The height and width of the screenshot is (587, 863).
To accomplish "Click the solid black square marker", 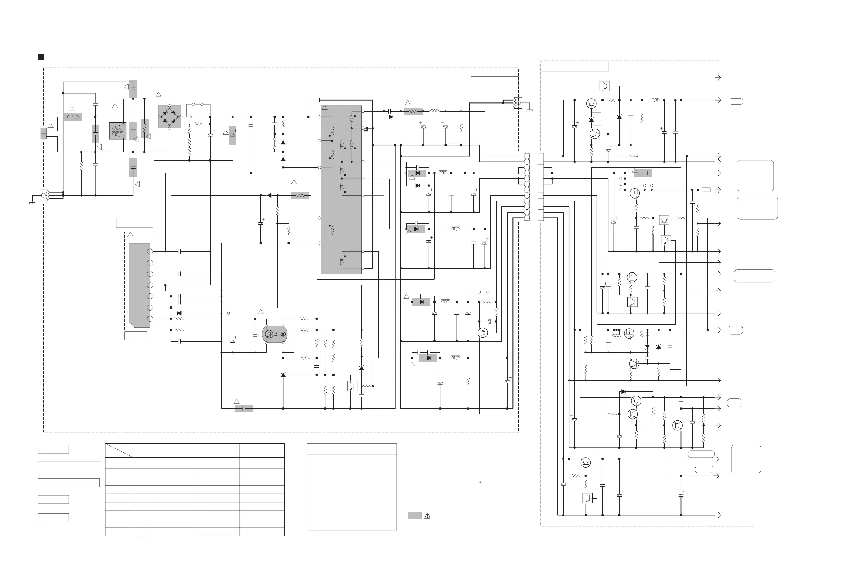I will pyautogui.click(x=41, y=57).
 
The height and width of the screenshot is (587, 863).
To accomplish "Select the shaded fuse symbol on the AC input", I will pyautogui.click(x=72, y=117).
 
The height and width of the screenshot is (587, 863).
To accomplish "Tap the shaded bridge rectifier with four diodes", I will pyautogui.click(x=170, y=117).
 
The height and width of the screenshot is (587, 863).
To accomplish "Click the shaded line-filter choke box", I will pyautogui.click(x=118, y=131).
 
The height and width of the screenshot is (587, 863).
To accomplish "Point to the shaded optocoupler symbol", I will pyautogui.click(x=275, y=334).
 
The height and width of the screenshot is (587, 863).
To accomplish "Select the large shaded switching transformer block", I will pyautogui.click(x=341, y=190).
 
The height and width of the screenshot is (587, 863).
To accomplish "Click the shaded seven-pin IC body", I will pyautogui.click(x=139, y=285).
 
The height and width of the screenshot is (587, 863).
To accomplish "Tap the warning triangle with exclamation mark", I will pyautogui.click(x=427, y=516).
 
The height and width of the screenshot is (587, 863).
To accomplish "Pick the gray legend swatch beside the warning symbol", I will pyautogui.click(x=415, y=516).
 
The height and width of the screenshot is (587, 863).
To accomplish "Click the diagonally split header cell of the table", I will pyautogui.click(x=119, y=450).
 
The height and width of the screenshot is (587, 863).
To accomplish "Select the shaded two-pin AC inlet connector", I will pyautogui.click(x=44, y=133).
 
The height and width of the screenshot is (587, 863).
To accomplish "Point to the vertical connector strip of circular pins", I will pyautogui.click(x=527, y=187).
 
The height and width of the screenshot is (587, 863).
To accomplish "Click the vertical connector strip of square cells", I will pyautogui.click(x=541, y=187).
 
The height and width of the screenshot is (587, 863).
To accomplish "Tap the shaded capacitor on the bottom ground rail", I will pyautogui.click(x=243, y=409).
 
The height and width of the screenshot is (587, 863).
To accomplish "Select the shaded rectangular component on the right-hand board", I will pyautogui.click(x=643, y=173).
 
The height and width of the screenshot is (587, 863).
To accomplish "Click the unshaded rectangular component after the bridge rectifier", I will pyautogui.click(x=196, y=117).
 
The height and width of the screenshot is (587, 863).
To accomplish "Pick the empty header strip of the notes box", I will pyautogui.click(x=352, y=449).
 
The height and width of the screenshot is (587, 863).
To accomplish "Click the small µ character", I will pyautogui.click(x=480, y=482).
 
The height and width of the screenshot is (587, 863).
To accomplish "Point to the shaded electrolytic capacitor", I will pyautogui.click(x=233, y=135).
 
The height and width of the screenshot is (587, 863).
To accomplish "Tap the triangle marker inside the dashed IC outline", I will pyautogui.click(x=130, y=235).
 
